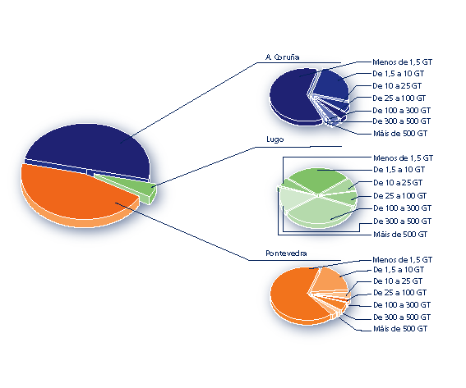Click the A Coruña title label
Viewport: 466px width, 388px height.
(283, 57)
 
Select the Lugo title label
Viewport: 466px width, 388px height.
(275, 139)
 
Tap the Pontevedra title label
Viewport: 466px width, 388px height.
(286, 253)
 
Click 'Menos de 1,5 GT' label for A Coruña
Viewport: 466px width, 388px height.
(402, 62)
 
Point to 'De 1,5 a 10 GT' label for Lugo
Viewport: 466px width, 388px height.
(399, 170)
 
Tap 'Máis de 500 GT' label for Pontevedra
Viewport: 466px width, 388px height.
(400, 329)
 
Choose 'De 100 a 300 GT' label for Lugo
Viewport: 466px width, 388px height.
(402, 208)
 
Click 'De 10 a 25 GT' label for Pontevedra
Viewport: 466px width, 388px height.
(398, 281)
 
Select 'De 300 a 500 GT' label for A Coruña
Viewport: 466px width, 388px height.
(402, 121)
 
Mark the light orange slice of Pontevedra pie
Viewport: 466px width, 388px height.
(330, 281)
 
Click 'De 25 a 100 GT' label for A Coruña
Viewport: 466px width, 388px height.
(399, 98)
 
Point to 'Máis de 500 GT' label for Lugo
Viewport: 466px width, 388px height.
(400, 235)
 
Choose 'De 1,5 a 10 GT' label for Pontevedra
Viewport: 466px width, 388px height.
(399, 270)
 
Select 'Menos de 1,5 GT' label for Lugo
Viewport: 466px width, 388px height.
(403, 157)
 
